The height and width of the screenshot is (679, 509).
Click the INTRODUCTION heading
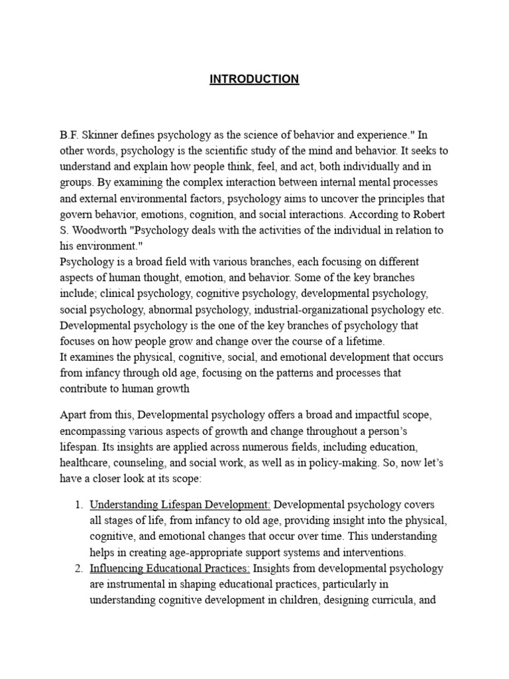254,79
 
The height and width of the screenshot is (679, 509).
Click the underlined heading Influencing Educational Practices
170,568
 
